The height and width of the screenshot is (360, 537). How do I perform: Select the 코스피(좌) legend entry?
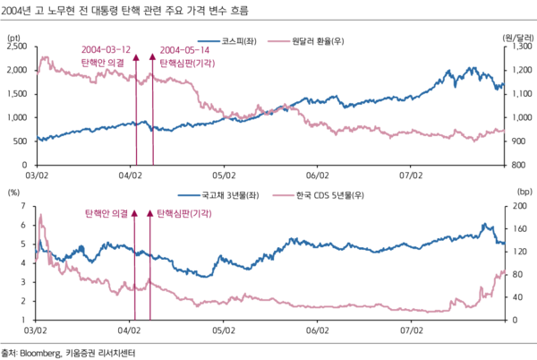(234, 40)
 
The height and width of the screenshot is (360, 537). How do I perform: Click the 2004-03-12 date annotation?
(105, 50)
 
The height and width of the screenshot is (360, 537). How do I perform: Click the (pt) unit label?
(13, 37)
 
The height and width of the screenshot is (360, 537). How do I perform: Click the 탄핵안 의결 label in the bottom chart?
(105, 214)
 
